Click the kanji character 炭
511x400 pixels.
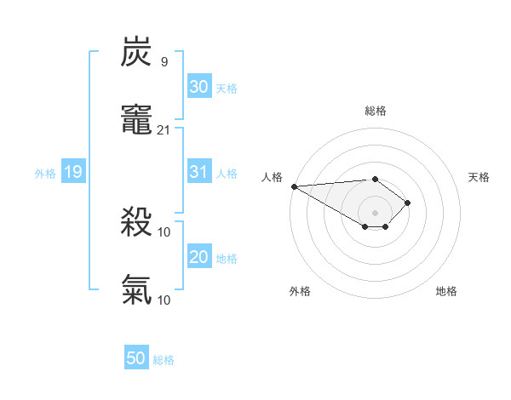click(x=137, y=53)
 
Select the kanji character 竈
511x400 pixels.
click(x=137, y=120)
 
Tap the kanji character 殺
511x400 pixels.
click(x=137, y=224)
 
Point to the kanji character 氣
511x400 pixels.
click(x=137, y=289)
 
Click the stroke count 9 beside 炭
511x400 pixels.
click(x=164, y=62)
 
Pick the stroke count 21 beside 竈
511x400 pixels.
click(x=164, y=129)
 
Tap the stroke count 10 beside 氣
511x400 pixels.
click(x=164, y=299)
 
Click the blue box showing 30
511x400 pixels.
click(x=198, y=87)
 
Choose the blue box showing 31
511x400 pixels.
click(x=198, y=172)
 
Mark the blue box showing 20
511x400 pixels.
click(x=198, y=257)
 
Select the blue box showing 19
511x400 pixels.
click(x=73, y=172)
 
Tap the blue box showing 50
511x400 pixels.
click(x=136, y=358)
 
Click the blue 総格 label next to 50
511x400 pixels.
click(x=164, y=360)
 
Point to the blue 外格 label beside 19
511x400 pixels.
click(x=45, y=174)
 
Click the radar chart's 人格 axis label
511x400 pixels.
click(x=271, y=177)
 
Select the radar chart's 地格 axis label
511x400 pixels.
click(x=446, y=291)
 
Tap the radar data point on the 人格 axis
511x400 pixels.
click(x=294, y=186)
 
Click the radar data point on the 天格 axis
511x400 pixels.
click(x=408, y=203)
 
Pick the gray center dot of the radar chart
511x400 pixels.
click(x=375, y=213)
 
